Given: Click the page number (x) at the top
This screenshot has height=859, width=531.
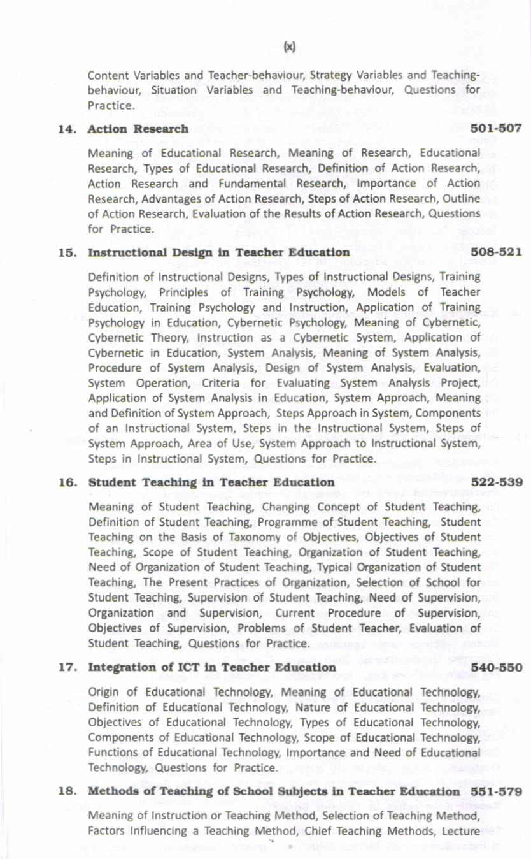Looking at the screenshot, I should (x=290, y=47).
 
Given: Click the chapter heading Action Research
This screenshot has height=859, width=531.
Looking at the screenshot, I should (x=138, y=129).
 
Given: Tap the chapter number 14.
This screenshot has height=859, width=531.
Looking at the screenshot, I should (x=67, y=129).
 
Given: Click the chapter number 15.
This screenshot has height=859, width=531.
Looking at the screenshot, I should (x=67, y=252).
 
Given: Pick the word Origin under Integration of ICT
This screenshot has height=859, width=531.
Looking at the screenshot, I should (x=103, y=692).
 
